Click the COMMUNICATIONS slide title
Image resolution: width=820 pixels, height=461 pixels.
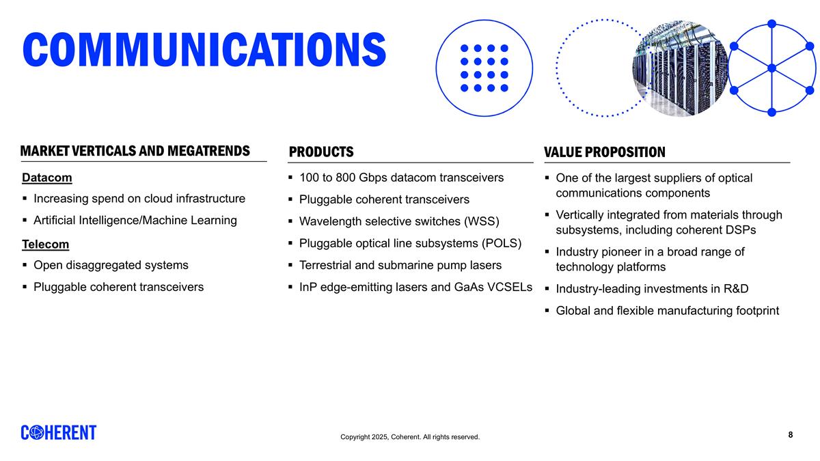204,48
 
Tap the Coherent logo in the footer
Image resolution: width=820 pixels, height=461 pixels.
59,432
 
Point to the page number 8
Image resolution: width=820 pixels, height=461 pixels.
791,434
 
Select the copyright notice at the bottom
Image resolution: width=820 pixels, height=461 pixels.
410,437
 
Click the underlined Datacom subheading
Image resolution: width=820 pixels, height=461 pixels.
47,178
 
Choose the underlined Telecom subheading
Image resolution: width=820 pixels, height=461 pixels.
46,245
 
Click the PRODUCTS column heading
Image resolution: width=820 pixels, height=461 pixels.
321,152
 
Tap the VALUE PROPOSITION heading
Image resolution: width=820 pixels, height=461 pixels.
604,152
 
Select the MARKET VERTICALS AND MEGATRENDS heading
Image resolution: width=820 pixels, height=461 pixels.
135,151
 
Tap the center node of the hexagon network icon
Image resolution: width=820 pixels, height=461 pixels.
771,68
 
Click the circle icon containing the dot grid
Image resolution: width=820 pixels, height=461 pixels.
484,68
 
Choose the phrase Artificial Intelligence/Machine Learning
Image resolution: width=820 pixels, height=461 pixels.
135,221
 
